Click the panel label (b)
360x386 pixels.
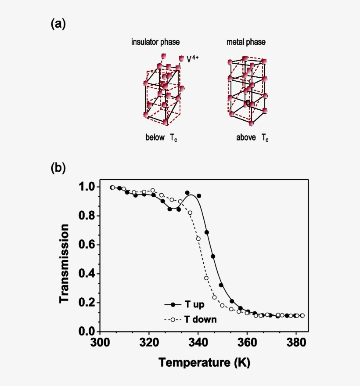(x=58, y=168)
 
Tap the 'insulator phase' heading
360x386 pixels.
(x=155, y=42)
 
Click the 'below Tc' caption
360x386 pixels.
(x=161, y=137)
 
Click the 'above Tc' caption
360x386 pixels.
(x=252, y=137)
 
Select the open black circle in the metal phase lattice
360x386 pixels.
(x=248, y=103)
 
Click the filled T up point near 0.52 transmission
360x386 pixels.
(x=213, y=256)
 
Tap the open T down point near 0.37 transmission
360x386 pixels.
(x=206, y=278)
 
